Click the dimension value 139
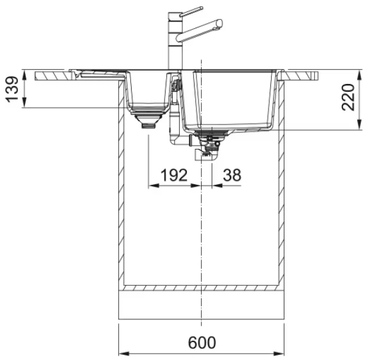tap(12, 89)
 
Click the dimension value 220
tap(348, 97)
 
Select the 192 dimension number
tap(174, 175)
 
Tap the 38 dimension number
tap(232, 175)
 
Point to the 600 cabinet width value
tap(202, 343)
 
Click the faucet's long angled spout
tap(200, 30)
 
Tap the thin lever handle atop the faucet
tap(191, 12)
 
